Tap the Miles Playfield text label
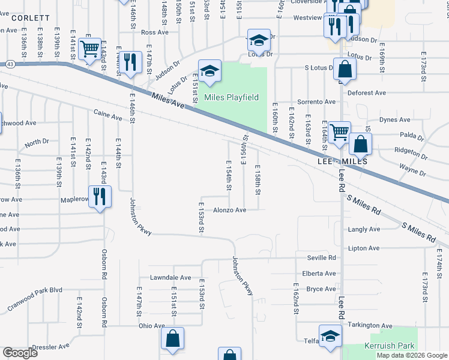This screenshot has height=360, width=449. (x=231, y=97)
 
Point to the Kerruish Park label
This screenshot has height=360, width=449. (x=390, y=346)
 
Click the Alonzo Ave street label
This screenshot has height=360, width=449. (x=230, y=210)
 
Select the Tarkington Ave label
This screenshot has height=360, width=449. (x=370, y=326)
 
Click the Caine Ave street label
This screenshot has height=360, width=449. (x=107, y=112)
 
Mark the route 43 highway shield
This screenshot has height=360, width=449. (x=11, y=64)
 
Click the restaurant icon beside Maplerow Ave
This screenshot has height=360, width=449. (x=100, y=196)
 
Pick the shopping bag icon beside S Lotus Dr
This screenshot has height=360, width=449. (x=345, y=70)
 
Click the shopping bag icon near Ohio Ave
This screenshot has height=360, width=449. (x=172, y=338)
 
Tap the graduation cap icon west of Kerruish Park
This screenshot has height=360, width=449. (x=330, y=338)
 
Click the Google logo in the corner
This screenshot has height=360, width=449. (x=20, y=353)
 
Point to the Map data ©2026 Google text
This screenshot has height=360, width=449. (x=412, y=355)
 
